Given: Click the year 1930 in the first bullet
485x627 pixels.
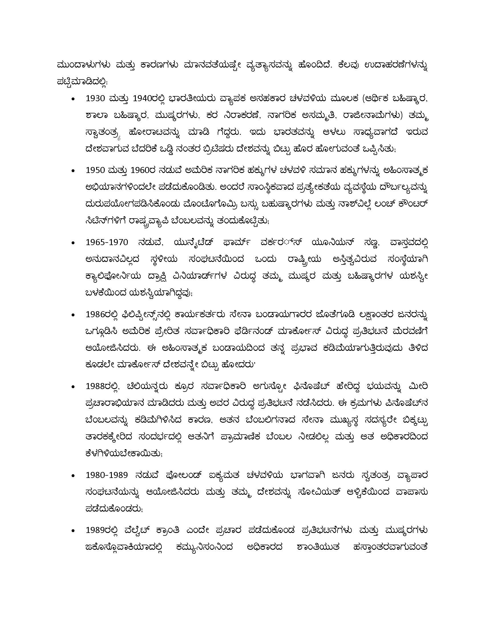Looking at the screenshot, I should (95, 99).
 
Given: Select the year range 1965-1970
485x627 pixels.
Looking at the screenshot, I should (107, 243).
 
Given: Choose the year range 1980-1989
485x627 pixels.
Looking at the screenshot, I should (107, 475).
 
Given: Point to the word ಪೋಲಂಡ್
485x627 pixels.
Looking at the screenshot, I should (183, 475).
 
